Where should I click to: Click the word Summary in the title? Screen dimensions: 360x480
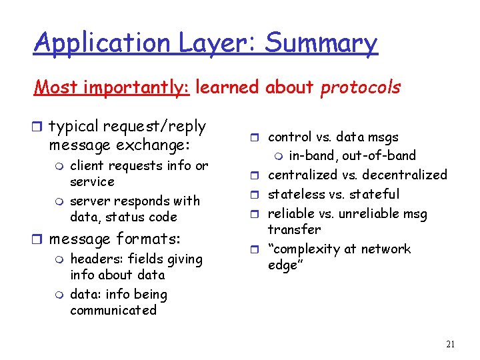pos(321,43)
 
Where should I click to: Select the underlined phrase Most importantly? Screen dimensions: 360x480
pos(112,87)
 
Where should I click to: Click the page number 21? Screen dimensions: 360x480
pos(450,344)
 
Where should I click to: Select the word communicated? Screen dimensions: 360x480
pos(113,310)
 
